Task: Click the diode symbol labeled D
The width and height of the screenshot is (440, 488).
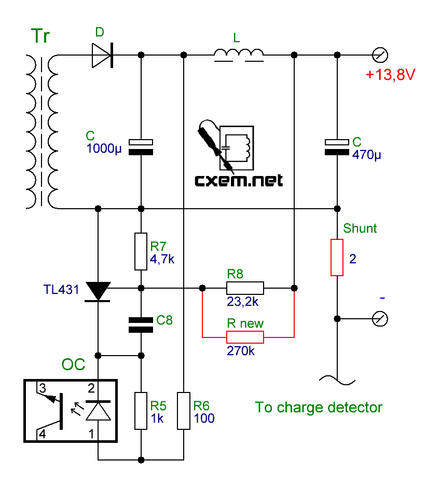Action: click(x=103, y=55)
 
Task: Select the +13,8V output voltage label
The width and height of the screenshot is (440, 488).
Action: click(x=390, y=75)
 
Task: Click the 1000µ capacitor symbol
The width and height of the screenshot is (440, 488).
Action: click(x=141, y=146)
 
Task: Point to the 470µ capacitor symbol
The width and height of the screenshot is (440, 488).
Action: click(x=337, y=146)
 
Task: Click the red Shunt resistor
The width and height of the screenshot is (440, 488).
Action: click(x=337, y=257)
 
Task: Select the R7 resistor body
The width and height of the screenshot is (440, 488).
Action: click(x=141, y=252)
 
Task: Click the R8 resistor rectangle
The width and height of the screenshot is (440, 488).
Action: click(x=245, y=288)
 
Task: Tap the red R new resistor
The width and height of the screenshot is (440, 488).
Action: click(x=245, y=338)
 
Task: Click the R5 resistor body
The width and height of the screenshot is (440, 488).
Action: click(x=141, y=411)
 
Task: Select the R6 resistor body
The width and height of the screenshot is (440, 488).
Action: click(x=184, y=411)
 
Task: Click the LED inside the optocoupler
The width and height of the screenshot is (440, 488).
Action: click(x=98, y=411)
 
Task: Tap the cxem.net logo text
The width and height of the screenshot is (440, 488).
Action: click(x=239, y=181)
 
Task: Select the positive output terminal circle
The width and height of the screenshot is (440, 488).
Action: click(x=380, y=55)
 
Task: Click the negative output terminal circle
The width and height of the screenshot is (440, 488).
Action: click(x=380, y=318)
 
